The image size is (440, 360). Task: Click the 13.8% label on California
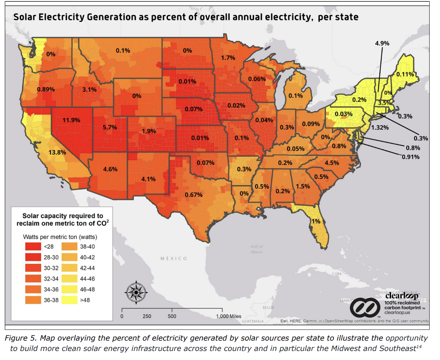click(x=57, y=152)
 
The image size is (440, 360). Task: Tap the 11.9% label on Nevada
click(x=71, y=120)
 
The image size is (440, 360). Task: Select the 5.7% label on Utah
click(x=110, y=127)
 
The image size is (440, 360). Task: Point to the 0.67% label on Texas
click(x=193, y=195)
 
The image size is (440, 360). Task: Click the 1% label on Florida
click(x=316, y=221)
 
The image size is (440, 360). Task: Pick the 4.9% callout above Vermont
click(x=382, y=43)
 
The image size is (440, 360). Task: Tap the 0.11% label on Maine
click(x=405, y=74)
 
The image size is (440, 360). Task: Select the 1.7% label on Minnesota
click(x=228, y=58)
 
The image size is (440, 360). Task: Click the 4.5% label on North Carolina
click(x=332, y=163)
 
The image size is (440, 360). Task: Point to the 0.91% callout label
click(x=411, y=157)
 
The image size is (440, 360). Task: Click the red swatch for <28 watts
click(x=33, y=247)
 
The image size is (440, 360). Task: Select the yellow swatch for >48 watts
click(x=69, y=300)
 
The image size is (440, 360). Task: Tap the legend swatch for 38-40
click(x=69, y=247)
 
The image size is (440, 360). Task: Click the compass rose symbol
click(x=136, y=292)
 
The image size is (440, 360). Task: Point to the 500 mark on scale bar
click(x=172, y=316)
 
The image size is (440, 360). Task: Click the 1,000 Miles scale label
click(x=228, y=316)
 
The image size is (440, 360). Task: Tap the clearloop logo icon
click(x=364, y=307)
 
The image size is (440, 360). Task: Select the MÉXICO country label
click(x=174, y=258)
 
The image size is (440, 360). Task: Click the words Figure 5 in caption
click(x=20, y=338)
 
